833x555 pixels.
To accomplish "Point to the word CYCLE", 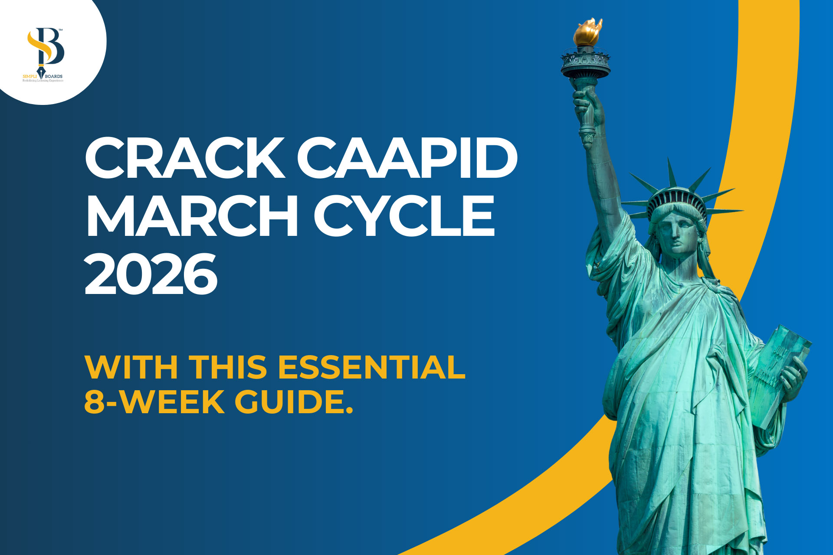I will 404,215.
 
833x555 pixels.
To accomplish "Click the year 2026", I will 151,274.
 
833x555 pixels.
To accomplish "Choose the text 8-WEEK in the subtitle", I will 154,402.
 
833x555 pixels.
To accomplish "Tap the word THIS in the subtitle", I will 228,367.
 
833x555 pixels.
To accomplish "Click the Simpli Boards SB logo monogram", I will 45,48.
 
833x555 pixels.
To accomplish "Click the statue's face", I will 679,234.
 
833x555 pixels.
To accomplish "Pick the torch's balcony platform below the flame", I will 585,63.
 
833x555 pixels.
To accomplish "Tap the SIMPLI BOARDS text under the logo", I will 43,76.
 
